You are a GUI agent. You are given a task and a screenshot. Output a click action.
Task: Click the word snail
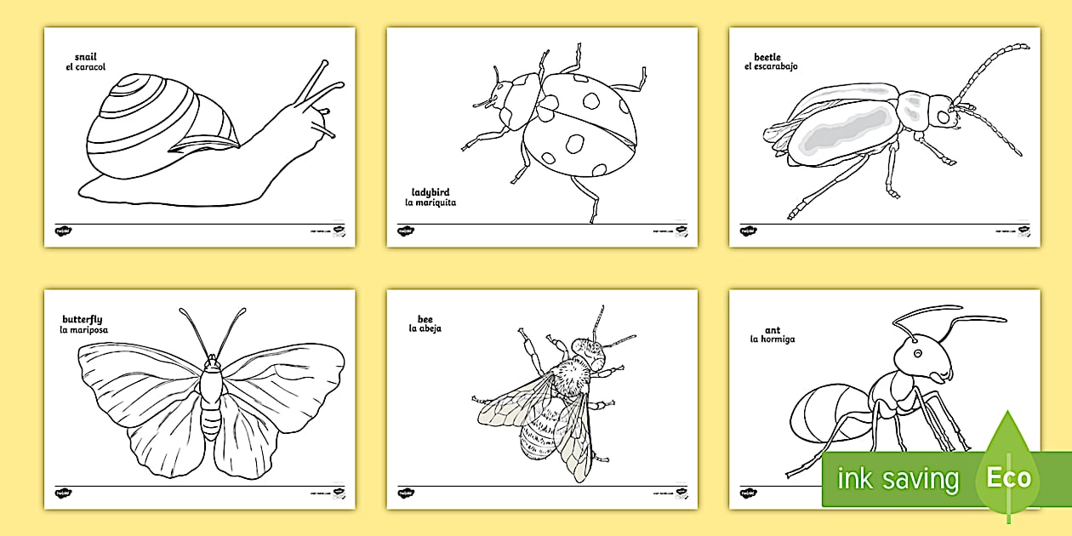(85, 56)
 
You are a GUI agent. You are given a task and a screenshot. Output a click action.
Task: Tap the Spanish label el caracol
(85, 67)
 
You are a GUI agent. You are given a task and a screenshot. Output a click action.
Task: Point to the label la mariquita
(431, 203)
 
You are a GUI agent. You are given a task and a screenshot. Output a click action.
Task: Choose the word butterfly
(82, 319)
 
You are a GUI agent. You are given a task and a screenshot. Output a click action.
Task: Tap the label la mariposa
(83, 330)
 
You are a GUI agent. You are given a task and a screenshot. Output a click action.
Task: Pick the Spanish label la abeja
(425, 328)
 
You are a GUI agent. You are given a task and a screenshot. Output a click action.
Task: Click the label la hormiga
(772, 339)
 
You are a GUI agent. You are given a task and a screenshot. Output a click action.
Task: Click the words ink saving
(898, 479)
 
